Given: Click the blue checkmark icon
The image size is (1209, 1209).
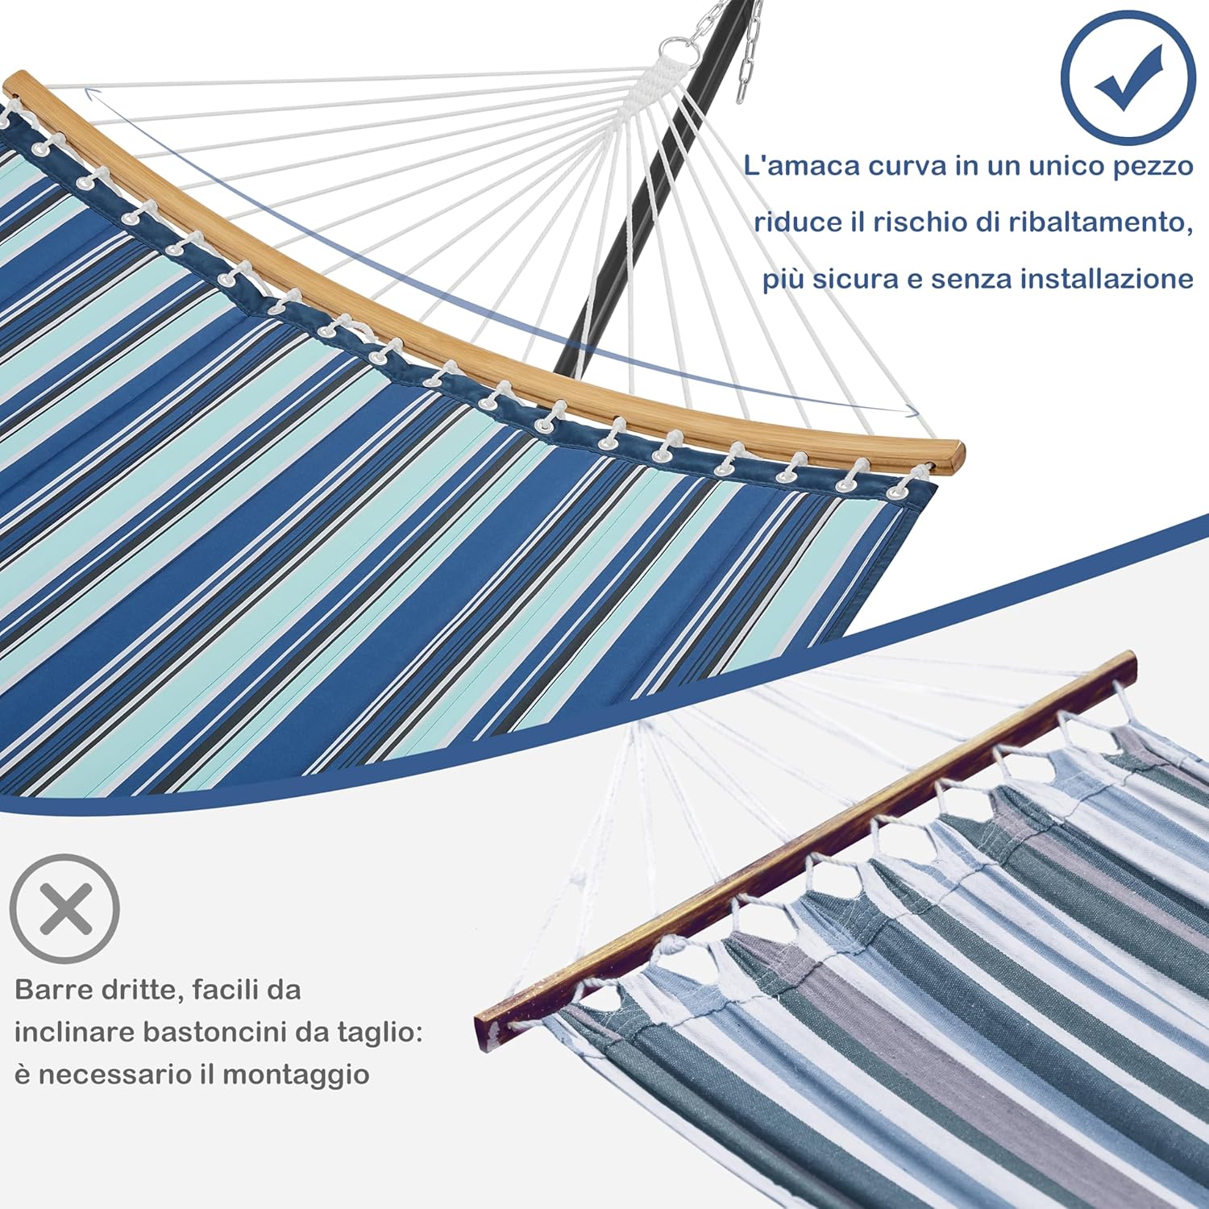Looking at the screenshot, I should click(x=1127, y=78).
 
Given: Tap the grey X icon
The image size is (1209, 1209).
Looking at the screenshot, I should click(x=65, y=909).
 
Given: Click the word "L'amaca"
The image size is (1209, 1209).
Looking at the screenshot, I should click(x=800, y=166).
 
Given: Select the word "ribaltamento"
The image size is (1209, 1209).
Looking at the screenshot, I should click(x=1101, y=222).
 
